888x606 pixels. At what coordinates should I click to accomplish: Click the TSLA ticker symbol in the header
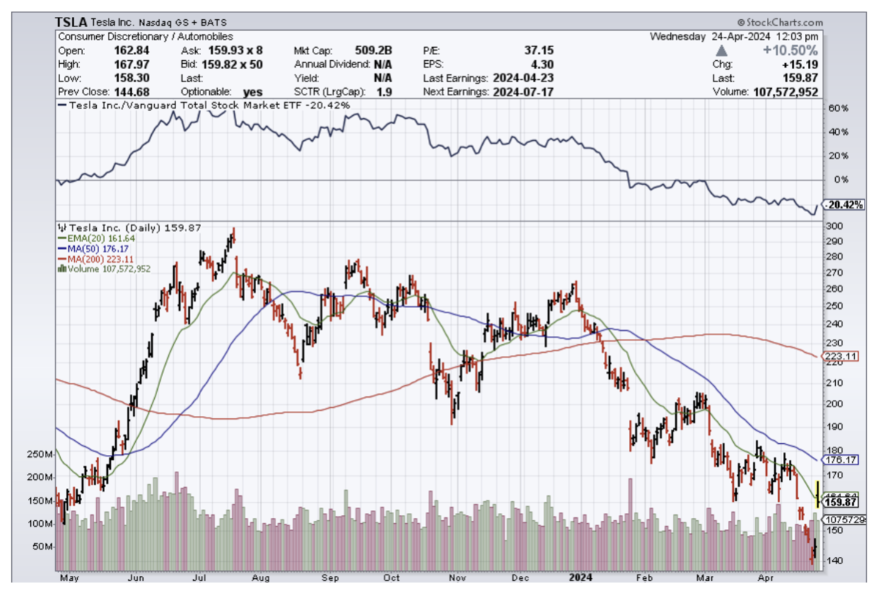point(71,23)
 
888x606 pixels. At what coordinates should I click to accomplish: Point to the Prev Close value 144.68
point(133,92)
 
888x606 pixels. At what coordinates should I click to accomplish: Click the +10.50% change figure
point(790,51)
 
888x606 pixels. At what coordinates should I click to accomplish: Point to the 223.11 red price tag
point(841,357)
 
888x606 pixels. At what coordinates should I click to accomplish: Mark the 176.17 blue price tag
point(841,461)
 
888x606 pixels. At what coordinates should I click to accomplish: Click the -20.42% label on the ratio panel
point(843,205)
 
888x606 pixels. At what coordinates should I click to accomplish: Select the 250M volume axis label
point(40,454)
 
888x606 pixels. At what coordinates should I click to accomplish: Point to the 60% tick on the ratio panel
point(838,108)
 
